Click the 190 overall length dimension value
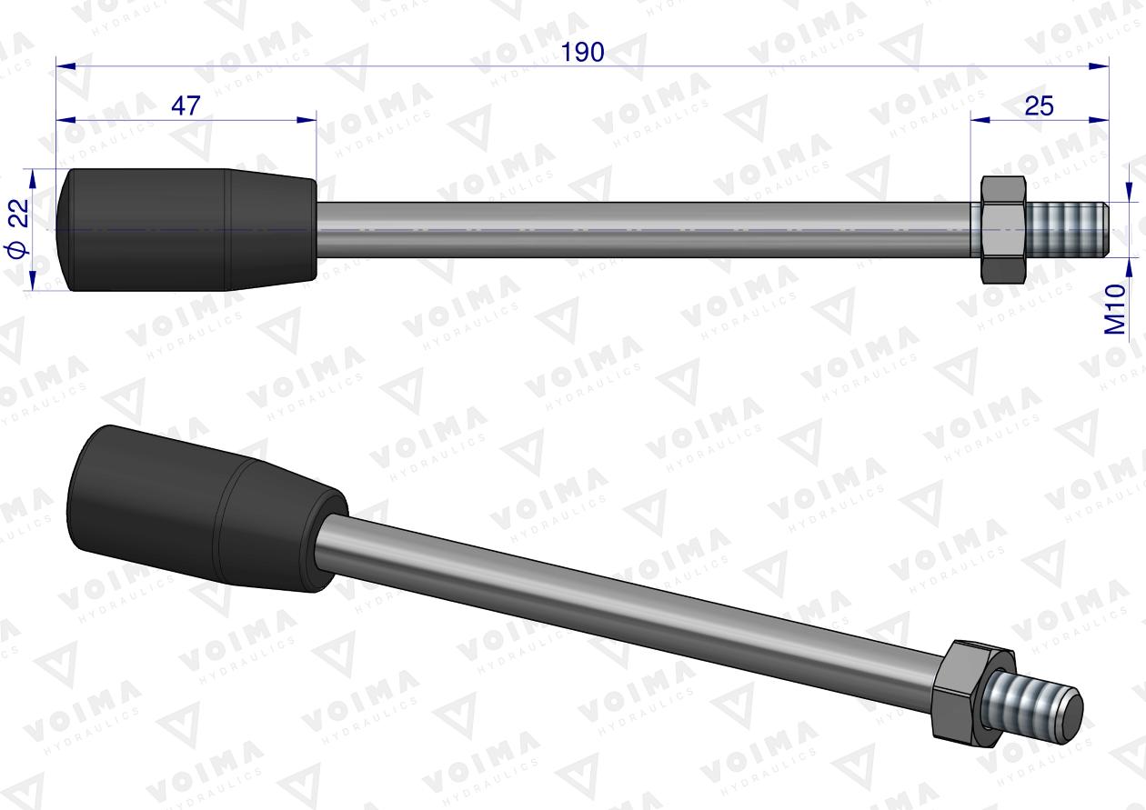pos(582,53)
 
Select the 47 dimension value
pos(186,105)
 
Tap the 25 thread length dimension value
pos(1039,105)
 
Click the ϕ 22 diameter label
pos(19,229)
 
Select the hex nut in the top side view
pos(1003,230)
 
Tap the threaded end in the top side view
pos(1069,230)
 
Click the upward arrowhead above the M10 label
pos(1129,264)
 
